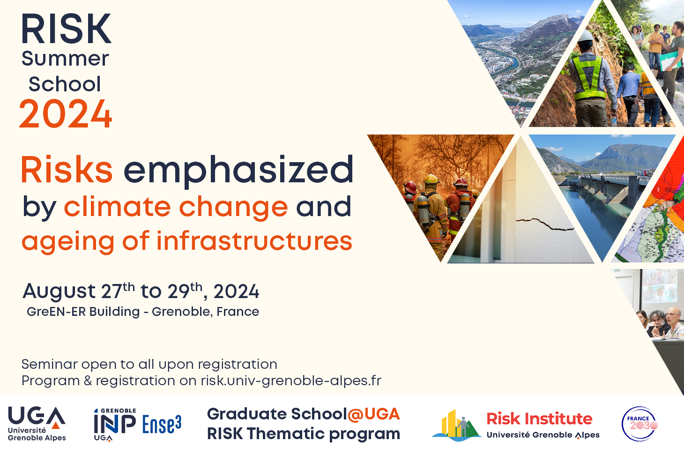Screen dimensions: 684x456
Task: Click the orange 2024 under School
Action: tap(65, 113)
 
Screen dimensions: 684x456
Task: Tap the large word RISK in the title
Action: tap(66, 29)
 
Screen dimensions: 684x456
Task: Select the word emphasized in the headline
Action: tap(238, 170)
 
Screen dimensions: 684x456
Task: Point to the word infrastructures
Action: tap(254, 241)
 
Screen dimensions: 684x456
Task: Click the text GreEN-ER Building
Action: tap(83, 312)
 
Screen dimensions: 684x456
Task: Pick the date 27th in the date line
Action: tap(118, 290)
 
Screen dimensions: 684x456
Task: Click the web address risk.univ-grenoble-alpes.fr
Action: tap(291, 381)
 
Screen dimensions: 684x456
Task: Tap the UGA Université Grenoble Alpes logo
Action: tap(37, 424)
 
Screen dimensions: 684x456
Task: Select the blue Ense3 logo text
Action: tap(162, 424)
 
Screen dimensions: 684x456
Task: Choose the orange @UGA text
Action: tap(373, 414)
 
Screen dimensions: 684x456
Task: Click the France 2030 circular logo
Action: tap(639, 424)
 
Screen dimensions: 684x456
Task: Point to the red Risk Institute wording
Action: tap(539, 419)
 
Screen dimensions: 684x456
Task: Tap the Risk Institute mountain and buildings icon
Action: tap(456, 426)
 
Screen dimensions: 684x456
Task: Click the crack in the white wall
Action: tap(544, 224)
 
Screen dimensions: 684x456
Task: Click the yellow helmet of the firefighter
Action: tap(431, 179)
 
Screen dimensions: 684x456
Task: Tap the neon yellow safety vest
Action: tap(588, 78)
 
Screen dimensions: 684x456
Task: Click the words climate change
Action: tap(176, 207)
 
